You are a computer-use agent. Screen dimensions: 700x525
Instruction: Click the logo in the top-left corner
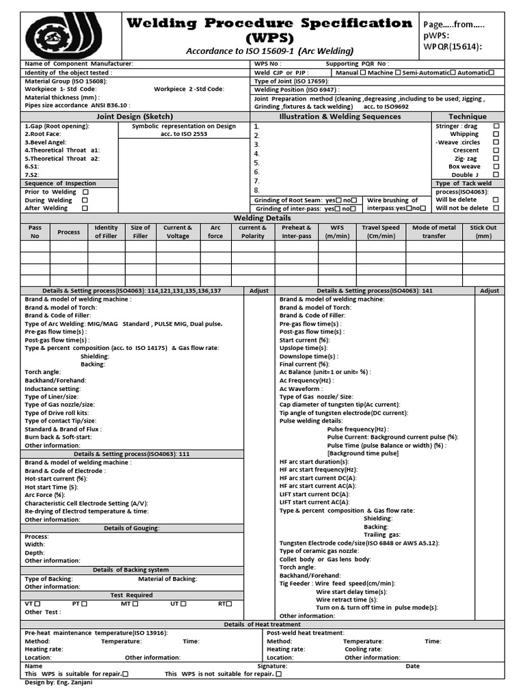point(63,35)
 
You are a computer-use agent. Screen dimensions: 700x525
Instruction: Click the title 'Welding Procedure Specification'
point(269,23)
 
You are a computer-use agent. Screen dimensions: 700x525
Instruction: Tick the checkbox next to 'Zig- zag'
point(496,159)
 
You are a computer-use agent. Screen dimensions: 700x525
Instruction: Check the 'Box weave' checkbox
point(496,167)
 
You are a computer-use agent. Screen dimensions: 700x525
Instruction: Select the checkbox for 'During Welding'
point(85,200)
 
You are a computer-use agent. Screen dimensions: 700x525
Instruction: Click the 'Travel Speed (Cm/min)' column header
point(381,232)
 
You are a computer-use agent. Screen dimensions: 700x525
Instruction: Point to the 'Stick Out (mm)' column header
point(483,232)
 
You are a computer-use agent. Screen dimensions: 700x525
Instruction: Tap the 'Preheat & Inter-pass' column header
point(296,232)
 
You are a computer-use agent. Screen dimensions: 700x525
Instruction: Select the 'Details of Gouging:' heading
point(132,528)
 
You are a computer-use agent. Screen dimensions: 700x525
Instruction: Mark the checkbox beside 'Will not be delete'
point(496,208)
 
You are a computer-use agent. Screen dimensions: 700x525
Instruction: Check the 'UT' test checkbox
point(184,604)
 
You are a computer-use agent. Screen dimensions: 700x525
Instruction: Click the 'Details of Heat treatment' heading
point(262,624)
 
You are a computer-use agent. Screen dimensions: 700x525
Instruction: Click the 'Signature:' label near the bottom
point(272,665)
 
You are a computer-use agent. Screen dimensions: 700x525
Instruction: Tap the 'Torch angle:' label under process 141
point(297,567)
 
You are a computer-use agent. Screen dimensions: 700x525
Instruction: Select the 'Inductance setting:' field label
point(53,388)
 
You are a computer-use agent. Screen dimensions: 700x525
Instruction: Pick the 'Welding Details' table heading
point(262,217)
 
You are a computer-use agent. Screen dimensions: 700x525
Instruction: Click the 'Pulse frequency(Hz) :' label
point(359,429)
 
